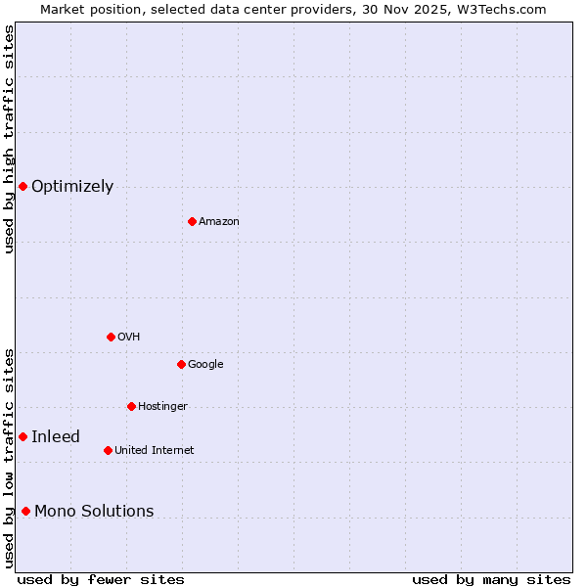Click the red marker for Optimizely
(23, 186)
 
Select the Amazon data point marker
(192, 221)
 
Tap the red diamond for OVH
(111, 337)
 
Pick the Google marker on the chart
(181, 364)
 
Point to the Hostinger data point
(131, 406)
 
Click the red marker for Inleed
(23, 436)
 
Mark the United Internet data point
(108, 450)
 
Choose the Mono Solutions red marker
(25, 511)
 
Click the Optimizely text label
(72, 187)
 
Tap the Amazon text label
(219, 222)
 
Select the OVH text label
(129, 338)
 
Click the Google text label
(205, 365)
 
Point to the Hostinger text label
(162, 407)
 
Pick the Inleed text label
(56, 437)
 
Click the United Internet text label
(155, 451)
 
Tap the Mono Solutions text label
(94, 512)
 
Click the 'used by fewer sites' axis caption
(101, 579)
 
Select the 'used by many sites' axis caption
(491, 579)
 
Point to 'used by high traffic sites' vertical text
(9, 139)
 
